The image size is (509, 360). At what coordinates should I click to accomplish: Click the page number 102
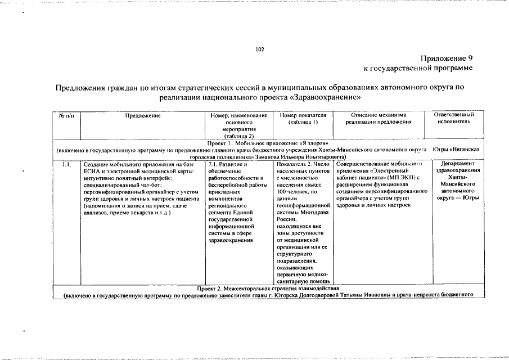(x=259, y=49)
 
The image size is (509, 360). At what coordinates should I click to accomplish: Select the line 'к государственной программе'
(x=418, y=68)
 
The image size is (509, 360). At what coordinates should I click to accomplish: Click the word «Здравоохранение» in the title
(x=326, y=97)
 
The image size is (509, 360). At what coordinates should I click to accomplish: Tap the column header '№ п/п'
(x=66, y=115)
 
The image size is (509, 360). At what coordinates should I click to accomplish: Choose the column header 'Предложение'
(x=143, y=115)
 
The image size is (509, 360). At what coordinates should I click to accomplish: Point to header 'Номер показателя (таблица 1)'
(x=303, y=119)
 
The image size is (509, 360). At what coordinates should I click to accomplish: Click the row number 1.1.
(x=66, y=164)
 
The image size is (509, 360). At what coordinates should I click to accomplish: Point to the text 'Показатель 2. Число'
(x=304, y=164)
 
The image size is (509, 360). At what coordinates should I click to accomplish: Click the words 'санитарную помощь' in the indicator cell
(x=304, y=281)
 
